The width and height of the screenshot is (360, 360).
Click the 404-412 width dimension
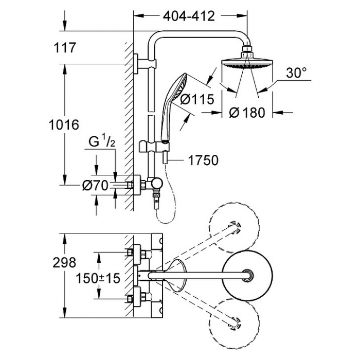(189, 16)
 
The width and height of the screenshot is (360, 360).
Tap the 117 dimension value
(64, 48)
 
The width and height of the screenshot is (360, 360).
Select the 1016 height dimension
(64, 124)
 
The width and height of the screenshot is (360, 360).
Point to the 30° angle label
(296, 73)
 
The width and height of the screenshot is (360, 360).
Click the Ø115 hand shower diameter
(197, 99)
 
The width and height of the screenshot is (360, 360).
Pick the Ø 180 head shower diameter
(247, 113)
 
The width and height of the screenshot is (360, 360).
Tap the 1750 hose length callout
(203, 160)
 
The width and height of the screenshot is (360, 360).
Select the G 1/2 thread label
(102, 142)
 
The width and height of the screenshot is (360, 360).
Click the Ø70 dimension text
(95, 185)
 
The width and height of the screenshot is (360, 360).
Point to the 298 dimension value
(64, 262)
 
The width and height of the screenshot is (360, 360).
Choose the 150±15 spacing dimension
(98, 279)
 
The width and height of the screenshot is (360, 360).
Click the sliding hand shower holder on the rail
(154, 146)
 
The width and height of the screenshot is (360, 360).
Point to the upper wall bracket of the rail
(145, 64)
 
